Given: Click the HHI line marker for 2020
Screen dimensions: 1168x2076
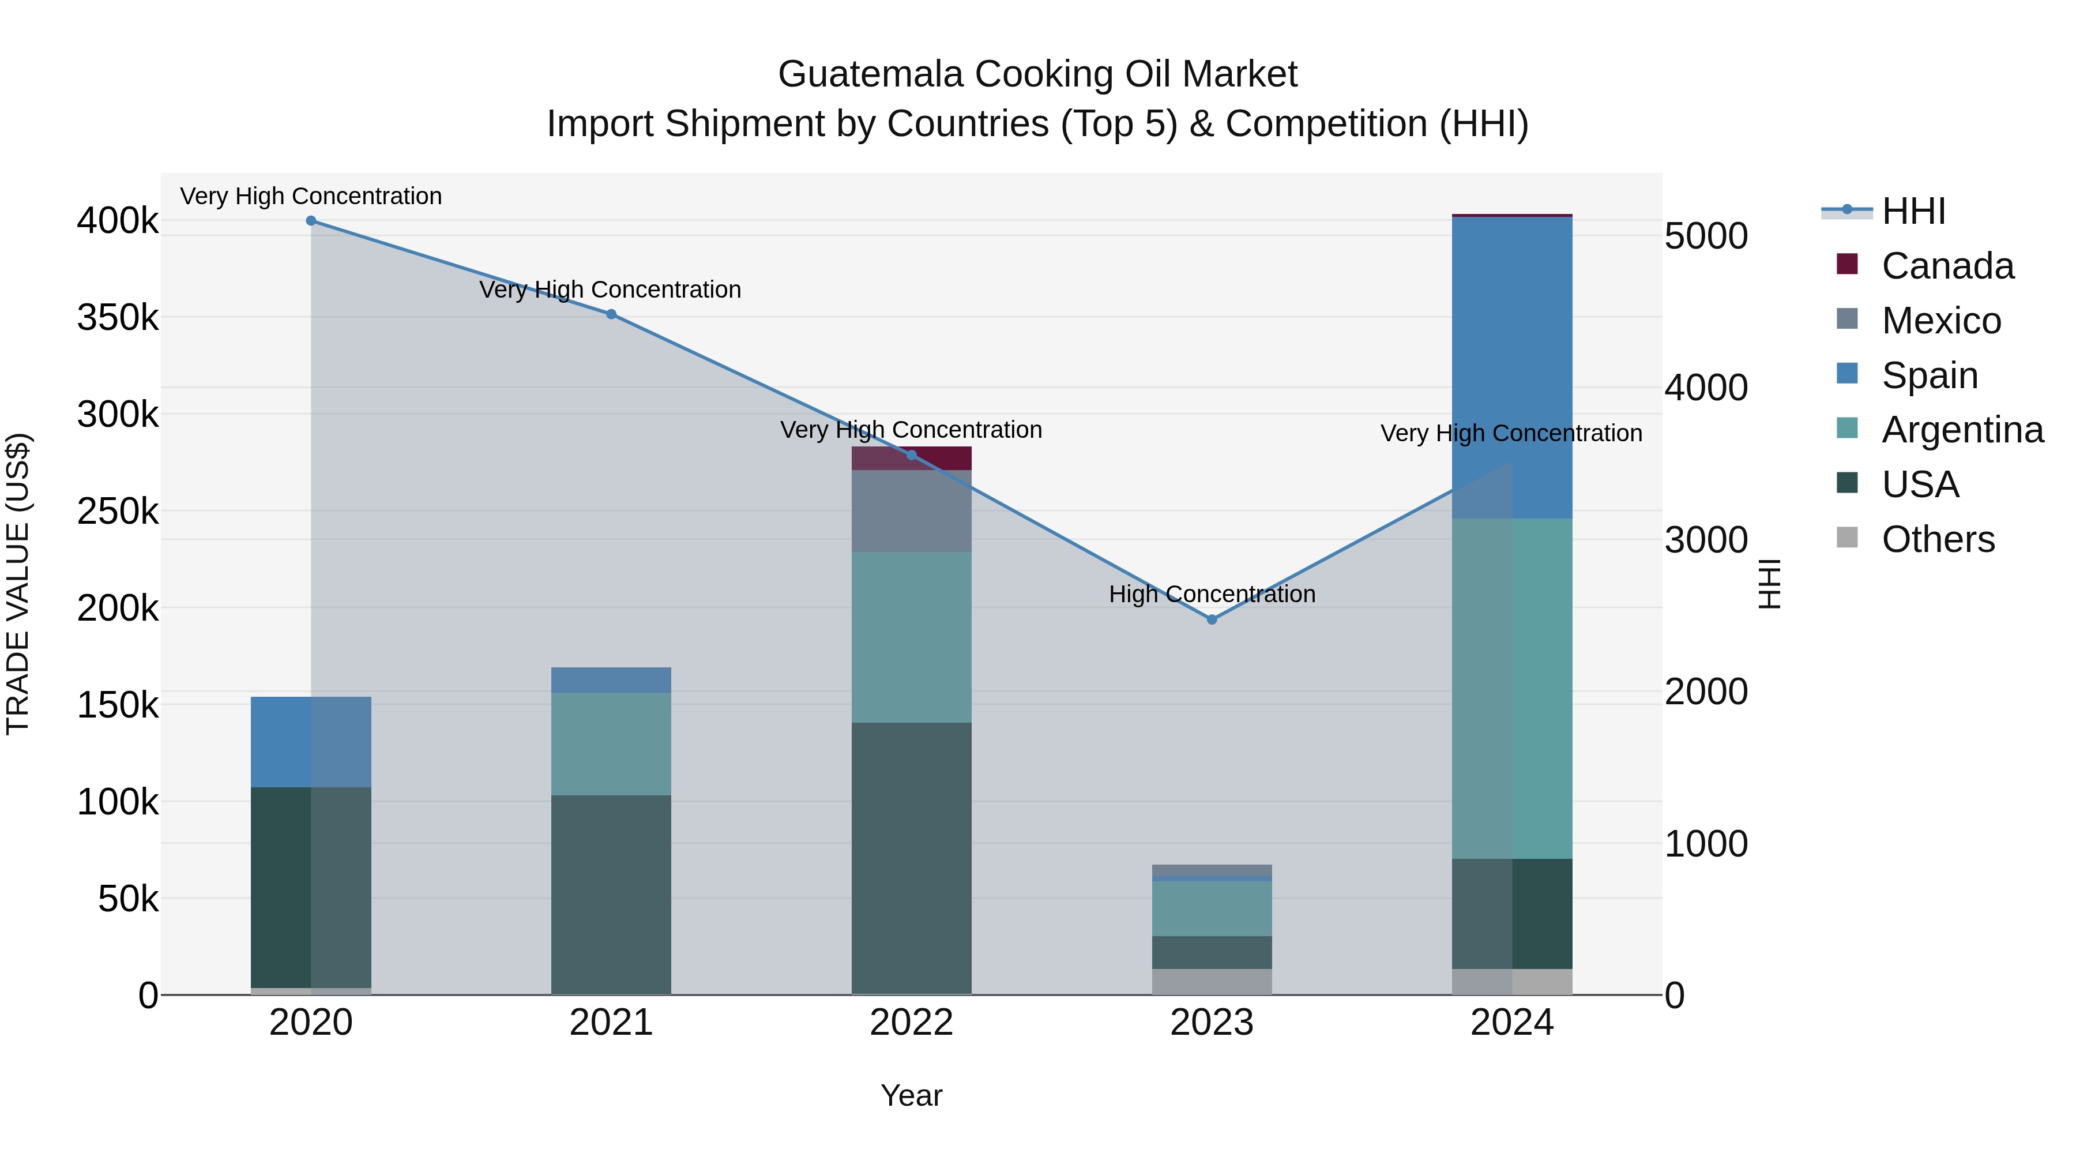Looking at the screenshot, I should [311, 221].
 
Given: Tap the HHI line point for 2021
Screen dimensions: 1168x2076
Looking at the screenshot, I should [611, 314].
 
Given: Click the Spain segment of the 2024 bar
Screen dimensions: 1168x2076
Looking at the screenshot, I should [1512, 367].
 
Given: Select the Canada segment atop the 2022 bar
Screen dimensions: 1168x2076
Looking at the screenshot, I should [912, 459].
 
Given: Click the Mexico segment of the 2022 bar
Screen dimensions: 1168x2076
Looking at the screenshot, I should [912, 511].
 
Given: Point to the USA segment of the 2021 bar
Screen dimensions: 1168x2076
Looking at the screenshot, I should [611, 895].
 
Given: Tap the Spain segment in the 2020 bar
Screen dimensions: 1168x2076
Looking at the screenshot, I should [311, 742].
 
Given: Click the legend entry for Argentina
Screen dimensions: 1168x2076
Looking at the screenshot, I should [1962, 430].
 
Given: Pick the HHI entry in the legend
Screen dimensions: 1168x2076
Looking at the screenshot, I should [1913, 211].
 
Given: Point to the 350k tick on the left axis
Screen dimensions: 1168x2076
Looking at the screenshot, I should [118, 318].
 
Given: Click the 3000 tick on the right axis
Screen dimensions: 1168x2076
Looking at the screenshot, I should [1706, 540].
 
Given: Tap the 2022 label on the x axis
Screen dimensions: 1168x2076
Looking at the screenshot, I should [912, 1023].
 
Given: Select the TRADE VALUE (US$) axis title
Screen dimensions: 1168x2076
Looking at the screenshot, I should [18, 584].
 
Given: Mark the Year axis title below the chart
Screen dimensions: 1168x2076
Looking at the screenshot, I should [912, 1095].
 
